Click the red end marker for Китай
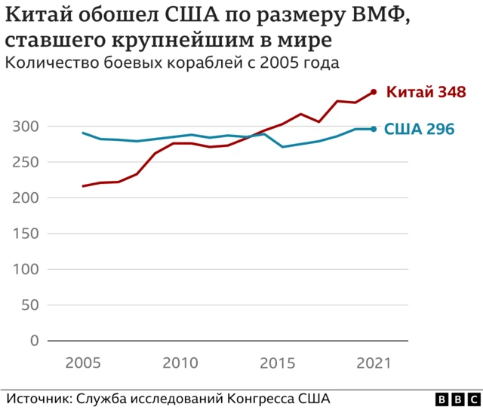point(374,93)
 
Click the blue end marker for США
point(374,129)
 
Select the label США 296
point(420,130)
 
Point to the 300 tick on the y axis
point(25,127)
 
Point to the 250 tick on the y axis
point(25,162)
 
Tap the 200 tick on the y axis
point(25,198)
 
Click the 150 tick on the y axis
point(25,234)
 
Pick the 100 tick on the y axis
point(25,270)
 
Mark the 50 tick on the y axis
point(29,305)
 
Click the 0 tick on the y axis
point(34,341)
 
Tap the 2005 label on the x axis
point(84,363)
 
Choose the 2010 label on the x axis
point(180,363)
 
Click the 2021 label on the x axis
point(373,363)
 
